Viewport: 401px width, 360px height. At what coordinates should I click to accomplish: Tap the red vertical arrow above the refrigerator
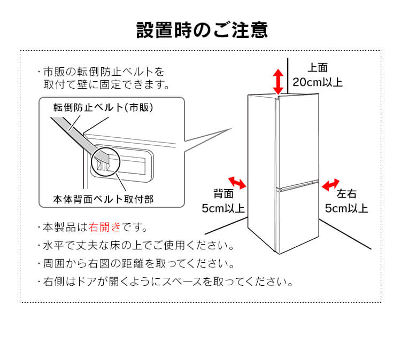[x=278, y=81]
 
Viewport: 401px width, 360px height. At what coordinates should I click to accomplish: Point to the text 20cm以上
[x=318, y=83]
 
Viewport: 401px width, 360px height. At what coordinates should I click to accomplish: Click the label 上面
[x=318, y=68]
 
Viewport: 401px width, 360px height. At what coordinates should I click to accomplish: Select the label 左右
[x=346, y=194]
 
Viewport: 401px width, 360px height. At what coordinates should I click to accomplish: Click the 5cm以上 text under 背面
[x=223, y=208]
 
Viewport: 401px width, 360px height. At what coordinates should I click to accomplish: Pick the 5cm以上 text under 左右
[x=346, y=208]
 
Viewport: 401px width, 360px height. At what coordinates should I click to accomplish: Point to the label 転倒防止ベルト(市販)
[x=103, y=107]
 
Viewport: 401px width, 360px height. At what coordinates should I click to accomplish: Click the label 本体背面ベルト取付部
[x=103, y=199]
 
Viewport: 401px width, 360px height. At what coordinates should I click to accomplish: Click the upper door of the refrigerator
[x=297, y=139]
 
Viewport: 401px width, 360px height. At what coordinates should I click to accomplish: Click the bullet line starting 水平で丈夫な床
[x=136, y=246]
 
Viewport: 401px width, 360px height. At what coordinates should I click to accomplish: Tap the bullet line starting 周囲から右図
[x=136, y=264]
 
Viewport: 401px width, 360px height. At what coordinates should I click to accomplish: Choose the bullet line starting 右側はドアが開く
[x=166, y=281]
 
